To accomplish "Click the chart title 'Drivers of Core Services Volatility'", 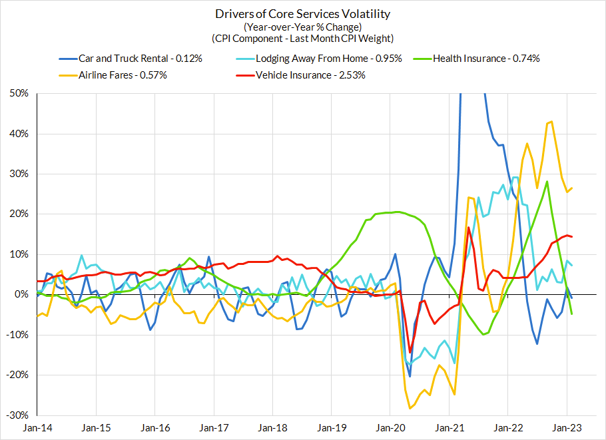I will tap(302, 14).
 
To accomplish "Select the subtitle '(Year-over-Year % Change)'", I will tap(302, 27).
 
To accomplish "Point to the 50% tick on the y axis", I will tap(19, 94).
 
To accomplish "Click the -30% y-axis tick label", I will tap(17, 415).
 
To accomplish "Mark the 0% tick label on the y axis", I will tap(21, 294).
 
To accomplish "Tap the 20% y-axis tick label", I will tap(19, 214).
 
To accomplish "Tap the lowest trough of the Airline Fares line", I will tap(410, 408).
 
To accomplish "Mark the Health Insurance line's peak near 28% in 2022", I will tap(547, 182).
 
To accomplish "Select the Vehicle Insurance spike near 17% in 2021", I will tap(469, 228).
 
